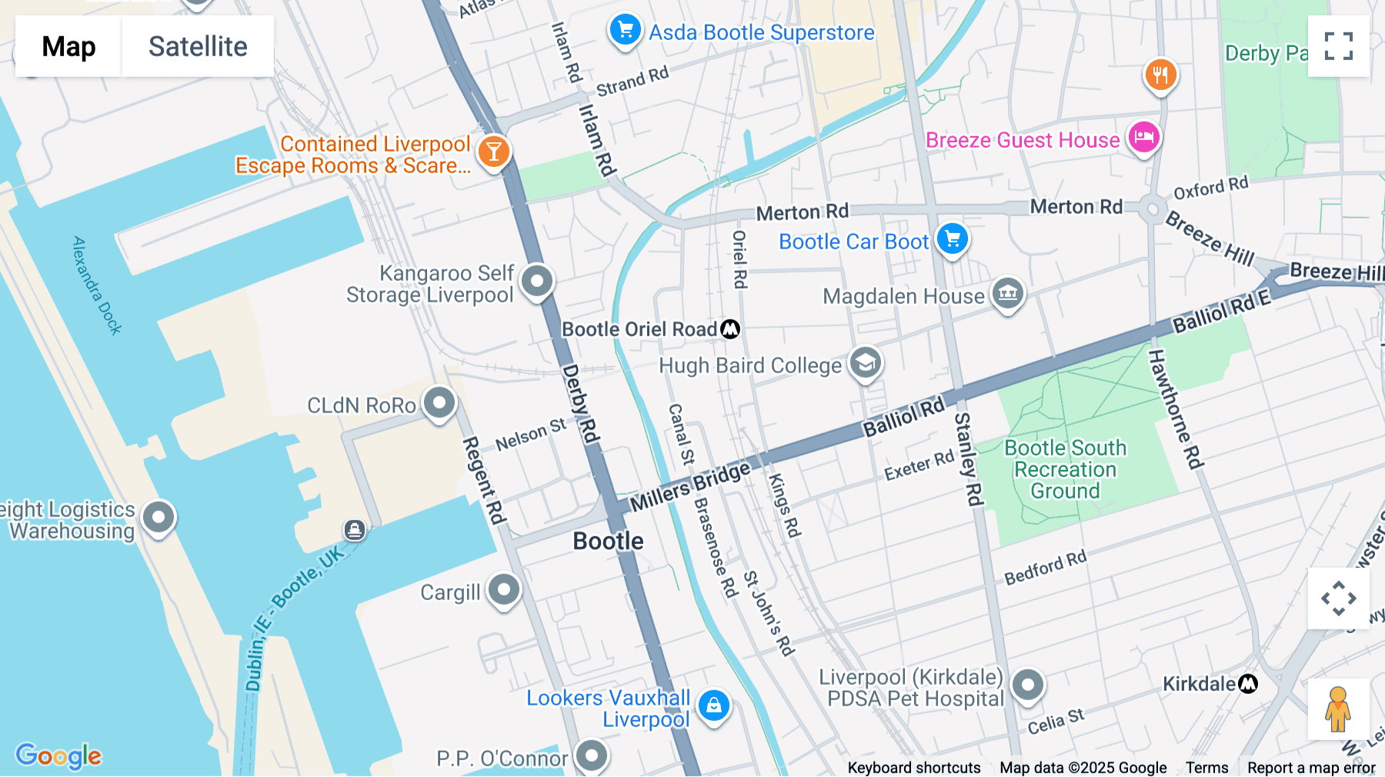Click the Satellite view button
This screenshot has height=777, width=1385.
pos(198,46)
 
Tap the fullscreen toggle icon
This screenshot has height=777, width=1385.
pos(1338,46)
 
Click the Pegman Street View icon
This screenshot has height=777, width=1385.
pos(1338,709)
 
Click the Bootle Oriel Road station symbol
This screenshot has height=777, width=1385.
pos(730,329)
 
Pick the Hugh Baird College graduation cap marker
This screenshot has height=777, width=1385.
pos(866,362)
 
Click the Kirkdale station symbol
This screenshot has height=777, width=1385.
pos(1248,683)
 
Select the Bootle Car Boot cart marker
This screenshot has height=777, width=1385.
pos(952,239)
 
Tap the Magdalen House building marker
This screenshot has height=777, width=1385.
pos(1007,293)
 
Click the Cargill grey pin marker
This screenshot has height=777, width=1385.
pos(504,590)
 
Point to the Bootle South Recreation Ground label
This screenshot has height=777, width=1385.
pos(1065,469)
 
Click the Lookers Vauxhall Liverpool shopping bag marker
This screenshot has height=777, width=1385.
pos(713,705)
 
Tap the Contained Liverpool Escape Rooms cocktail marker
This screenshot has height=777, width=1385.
pos(493,152)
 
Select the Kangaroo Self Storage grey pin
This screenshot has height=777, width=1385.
pos(536,281)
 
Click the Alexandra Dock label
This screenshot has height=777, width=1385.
pos(97,285)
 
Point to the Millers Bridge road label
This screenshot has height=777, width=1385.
pos(689,486)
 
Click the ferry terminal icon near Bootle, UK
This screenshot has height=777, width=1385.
pos(354,529)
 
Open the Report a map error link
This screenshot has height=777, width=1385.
pos(1310,767)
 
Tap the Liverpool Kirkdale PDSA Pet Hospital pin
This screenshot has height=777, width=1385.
pos(1027,684)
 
